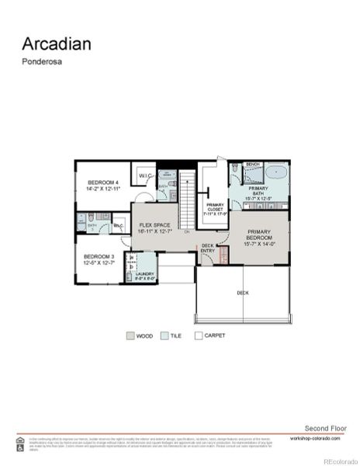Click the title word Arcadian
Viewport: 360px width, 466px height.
coord(56,43)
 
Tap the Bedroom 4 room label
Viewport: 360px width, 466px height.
coord(102,186)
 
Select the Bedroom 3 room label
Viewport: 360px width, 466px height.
coord(99,259)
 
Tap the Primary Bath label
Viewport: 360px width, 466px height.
coord(258,193)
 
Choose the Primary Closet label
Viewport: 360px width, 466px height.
coord(215,207)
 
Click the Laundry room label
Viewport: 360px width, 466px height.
coord(145,276)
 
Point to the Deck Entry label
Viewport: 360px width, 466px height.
coord(208,249)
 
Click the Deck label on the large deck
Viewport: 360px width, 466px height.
coord(243,293)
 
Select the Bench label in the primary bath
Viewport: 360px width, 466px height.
coord(252,165)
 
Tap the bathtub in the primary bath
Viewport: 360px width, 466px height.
coord(276,172)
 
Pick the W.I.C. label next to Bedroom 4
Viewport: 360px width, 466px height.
coord(145,176)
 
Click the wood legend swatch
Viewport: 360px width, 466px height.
coord(130,336)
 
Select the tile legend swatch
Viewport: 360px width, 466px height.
coord(164,336)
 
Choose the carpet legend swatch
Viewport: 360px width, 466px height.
coord(199,336)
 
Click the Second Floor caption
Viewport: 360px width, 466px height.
coord(322,428)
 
